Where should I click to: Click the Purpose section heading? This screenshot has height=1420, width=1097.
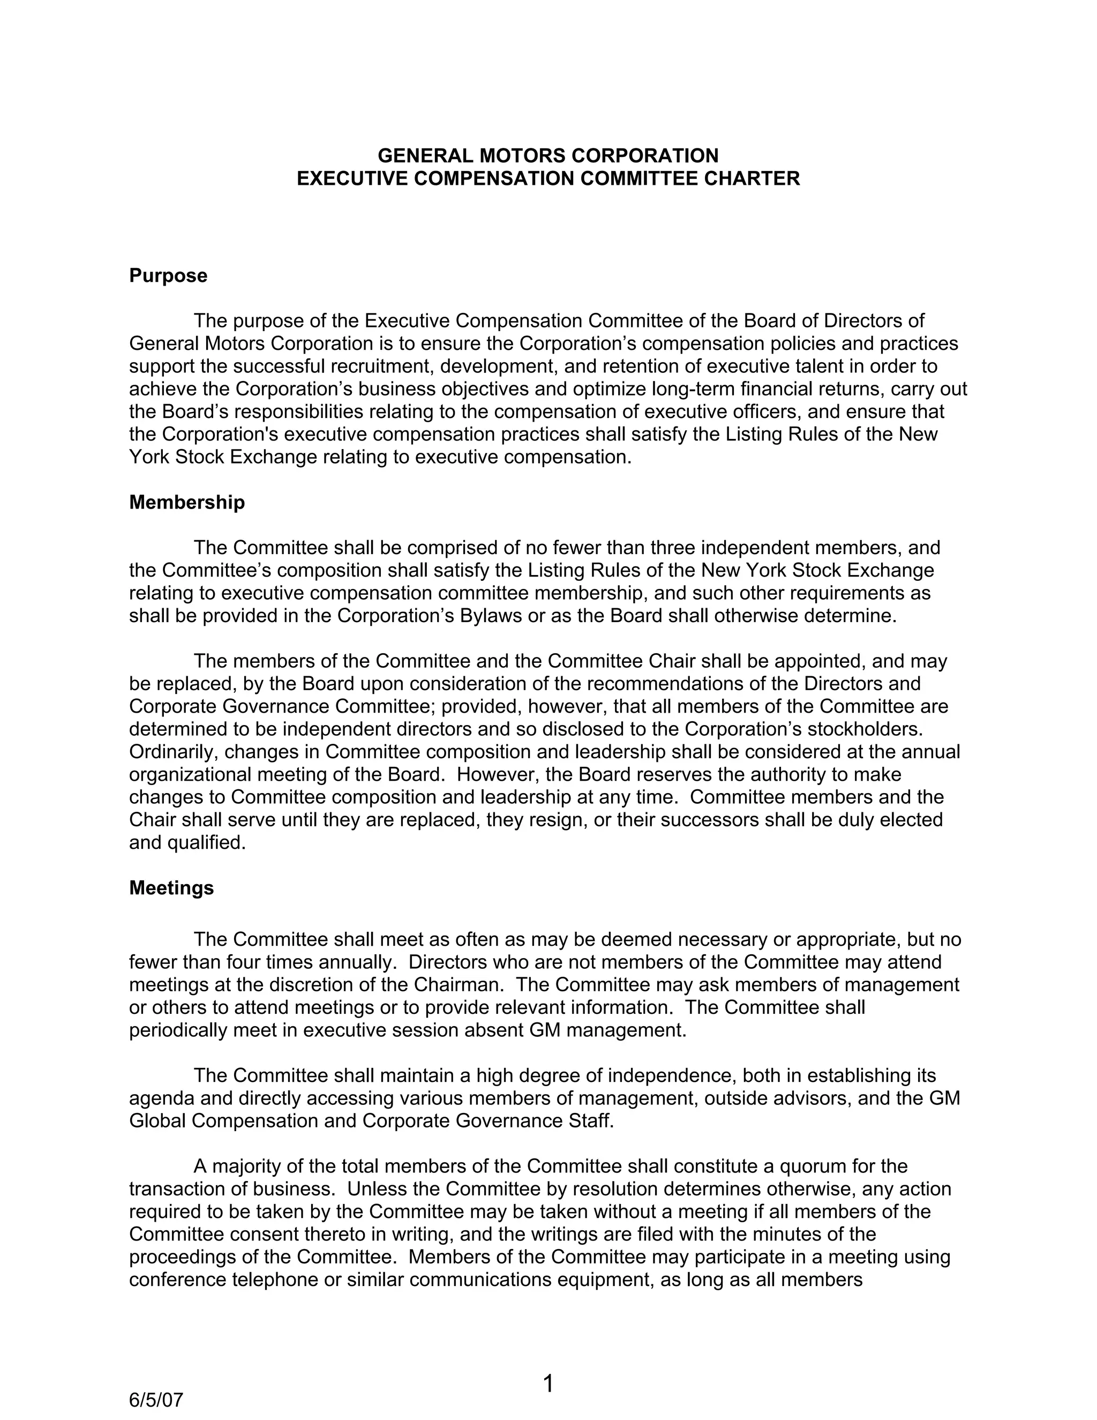point(168,275)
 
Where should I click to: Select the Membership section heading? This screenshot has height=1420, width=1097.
point(187,502)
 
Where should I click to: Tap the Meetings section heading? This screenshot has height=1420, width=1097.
point(171,887)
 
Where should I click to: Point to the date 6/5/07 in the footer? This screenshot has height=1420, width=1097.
point(156,1399)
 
